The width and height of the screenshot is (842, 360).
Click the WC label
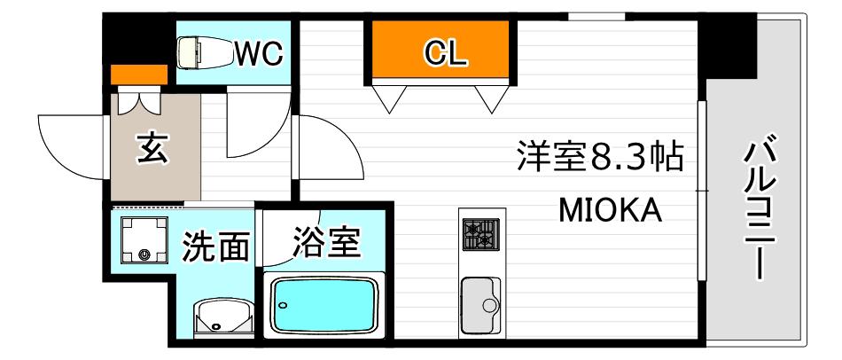(260, 53)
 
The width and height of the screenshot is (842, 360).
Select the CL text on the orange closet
(445, 53)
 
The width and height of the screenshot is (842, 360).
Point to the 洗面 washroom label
(216, 247)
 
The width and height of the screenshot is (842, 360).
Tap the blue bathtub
(324, 306)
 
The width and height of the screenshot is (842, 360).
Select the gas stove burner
(481, 234)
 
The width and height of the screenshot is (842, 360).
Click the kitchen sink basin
(480, 305)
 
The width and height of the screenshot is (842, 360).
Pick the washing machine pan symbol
(144, 239)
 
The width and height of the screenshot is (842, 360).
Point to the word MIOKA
(611, 211)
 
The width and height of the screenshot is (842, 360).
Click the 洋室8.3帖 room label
(600, 156)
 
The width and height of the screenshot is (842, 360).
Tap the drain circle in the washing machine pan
(144, 254)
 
